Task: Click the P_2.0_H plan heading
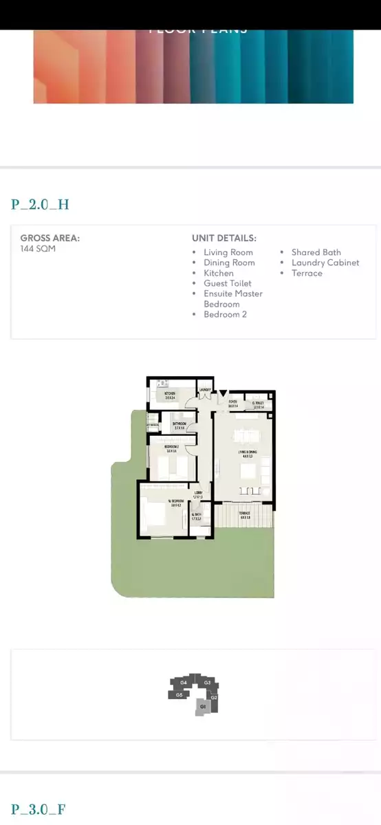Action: (x=40, y=204)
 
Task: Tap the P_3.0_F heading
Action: (x=38, y=809)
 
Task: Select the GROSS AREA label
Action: (x=50, y=238)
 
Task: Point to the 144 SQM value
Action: (x=38, y=249)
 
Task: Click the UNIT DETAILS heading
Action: (x=224, y=238)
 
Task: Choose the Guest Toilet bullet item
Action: (x=227, y=283)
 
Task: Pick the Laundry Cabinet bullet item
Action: (x=325, y=263)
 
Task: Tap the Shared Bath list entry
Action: (x=316, y=252)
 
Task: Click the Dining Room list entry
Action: (x=229, y=263)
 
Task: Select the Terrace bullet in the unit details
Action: (x=306, y=273)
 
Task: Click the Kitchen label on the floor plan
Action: (x=169, y=395)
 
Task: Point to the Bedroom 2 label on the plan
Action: (x=172, y=448)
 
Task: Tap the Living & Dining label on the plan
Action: (x=246, y=452)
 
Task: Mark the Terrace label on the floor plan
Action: (x=245, y=514)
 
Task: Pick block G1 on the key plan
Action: (x=203, y=707)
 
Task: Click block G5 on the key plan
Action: (x=179, y=694)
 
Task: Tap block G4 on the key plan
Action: (x=184, y=683)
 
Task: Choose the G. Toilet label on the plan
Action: (x=259, y=404)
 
